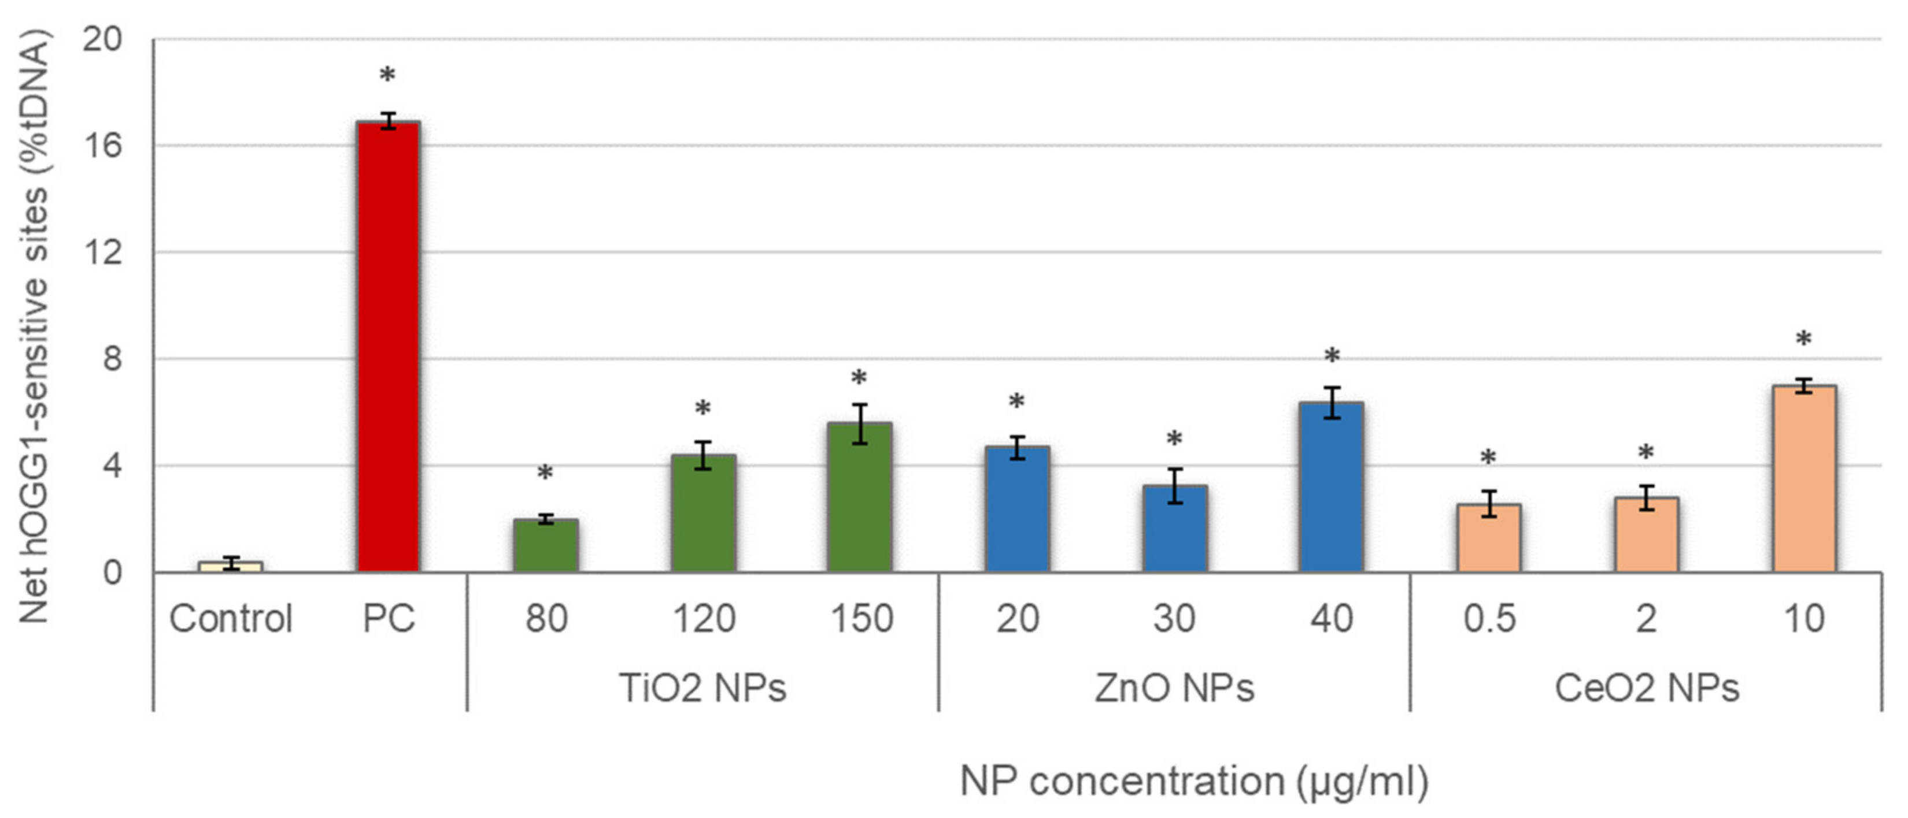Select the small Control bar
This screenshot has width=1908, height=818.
click(230, 567)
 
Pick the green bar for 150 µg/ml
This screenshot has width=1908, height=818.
click(859, 497)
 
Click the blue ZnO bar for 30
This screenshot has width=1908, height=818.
click(1175, 529)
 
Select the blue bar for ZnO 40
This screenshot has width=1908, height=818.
click(1331, 487)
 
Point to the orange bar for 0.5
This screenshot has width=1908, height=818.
click(1489, 538)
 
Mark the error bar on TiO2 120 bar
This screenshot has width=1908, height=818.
click(703, 455)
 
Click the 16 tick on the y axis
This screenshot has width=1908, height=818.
click(102, 146)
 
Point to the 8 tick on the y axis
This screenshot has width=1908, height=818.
click(111, 359)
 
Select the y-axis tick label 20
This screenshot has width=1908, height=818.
click(102, 39)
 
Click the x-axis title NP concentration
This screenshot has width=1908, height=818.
click(1193, 782)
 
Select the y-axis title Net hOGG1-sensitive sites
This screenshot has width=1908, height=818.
click(34, 326)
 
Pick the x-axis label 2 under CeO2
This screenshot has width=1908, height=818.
click(1646, 619)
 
